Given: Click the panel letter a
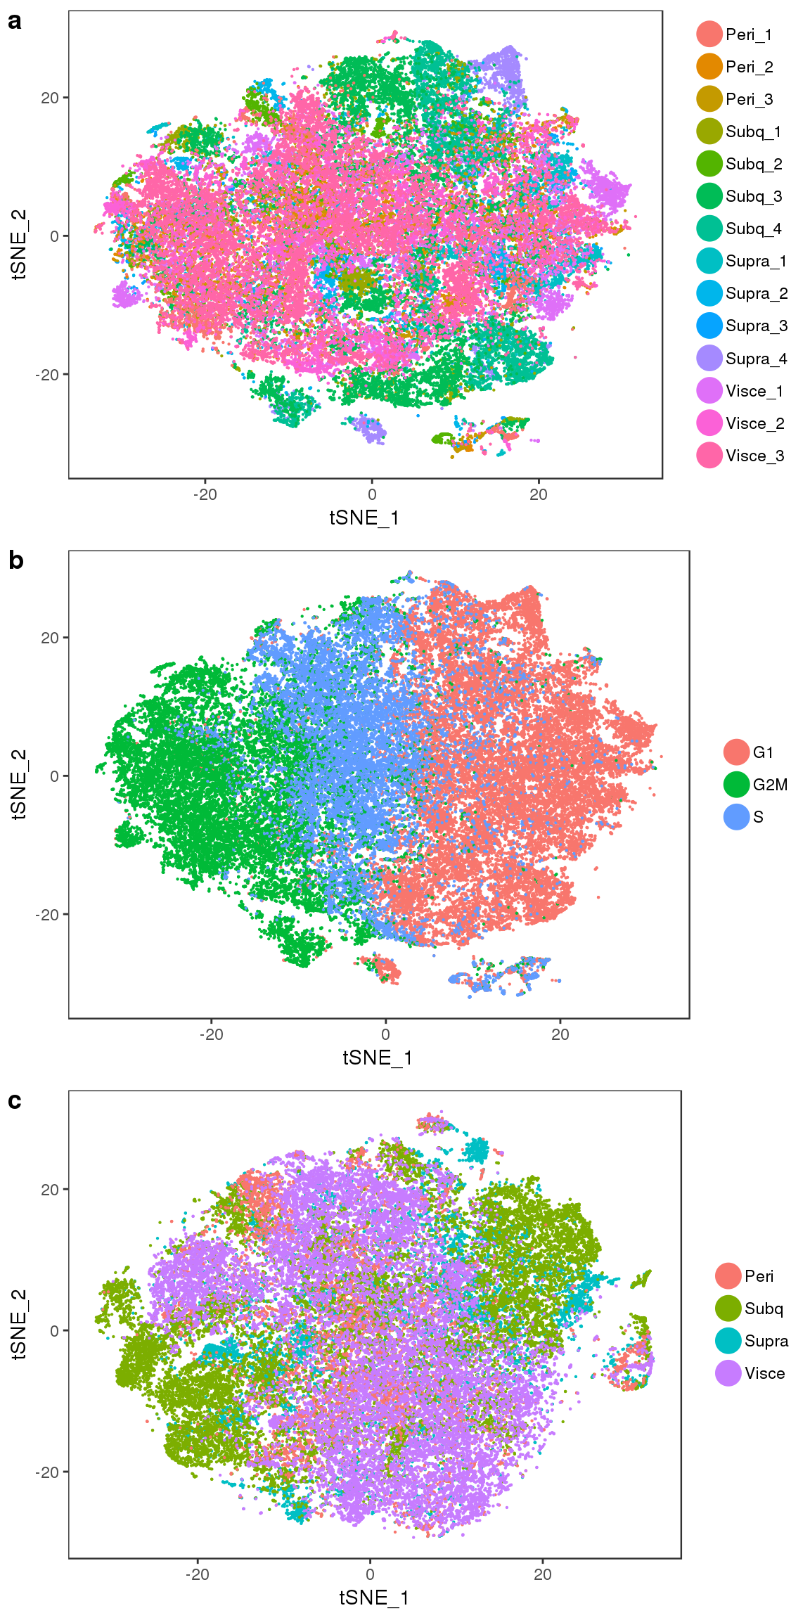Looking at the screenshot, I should point(15,22).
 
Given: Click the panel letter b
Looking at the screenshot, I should point(15,560).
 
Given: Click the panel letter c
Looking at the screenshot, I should point(15,1100).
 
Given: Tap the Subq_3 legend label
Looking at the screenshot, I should point(754,196).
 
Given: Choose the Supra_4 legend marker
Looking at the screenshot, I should point(709,359).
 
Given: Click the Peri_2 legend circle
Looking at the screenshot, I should point(709,67).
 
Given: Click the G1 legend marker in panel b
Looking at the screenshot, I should point(736,752).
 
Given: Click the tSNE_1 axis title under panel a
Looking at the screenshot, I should point(364,518).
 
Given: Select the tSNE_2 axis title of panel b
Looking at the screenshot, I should point(19,784).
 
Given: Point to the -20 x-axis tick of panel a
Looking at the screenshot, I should point(205,495).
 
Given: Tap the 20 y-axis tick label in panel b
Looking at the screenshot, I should point(50,638).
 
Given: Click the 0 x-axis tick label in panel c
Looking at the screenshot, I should point(370,1575).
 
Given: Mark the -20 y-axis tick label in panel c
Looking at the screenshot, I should point(47,1473).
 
